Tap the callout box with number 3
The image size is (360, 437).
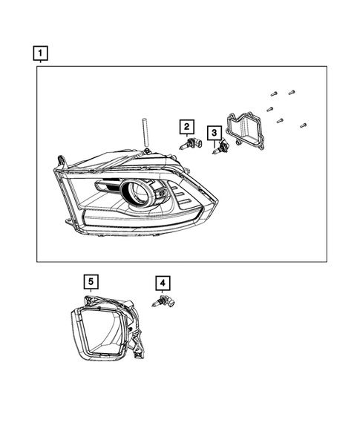click(x=215, y=134)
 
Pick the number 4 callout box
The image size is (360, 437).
click(x=162, y=283)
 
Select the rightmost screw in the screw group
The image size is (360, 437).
click(x=303, y=125)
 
